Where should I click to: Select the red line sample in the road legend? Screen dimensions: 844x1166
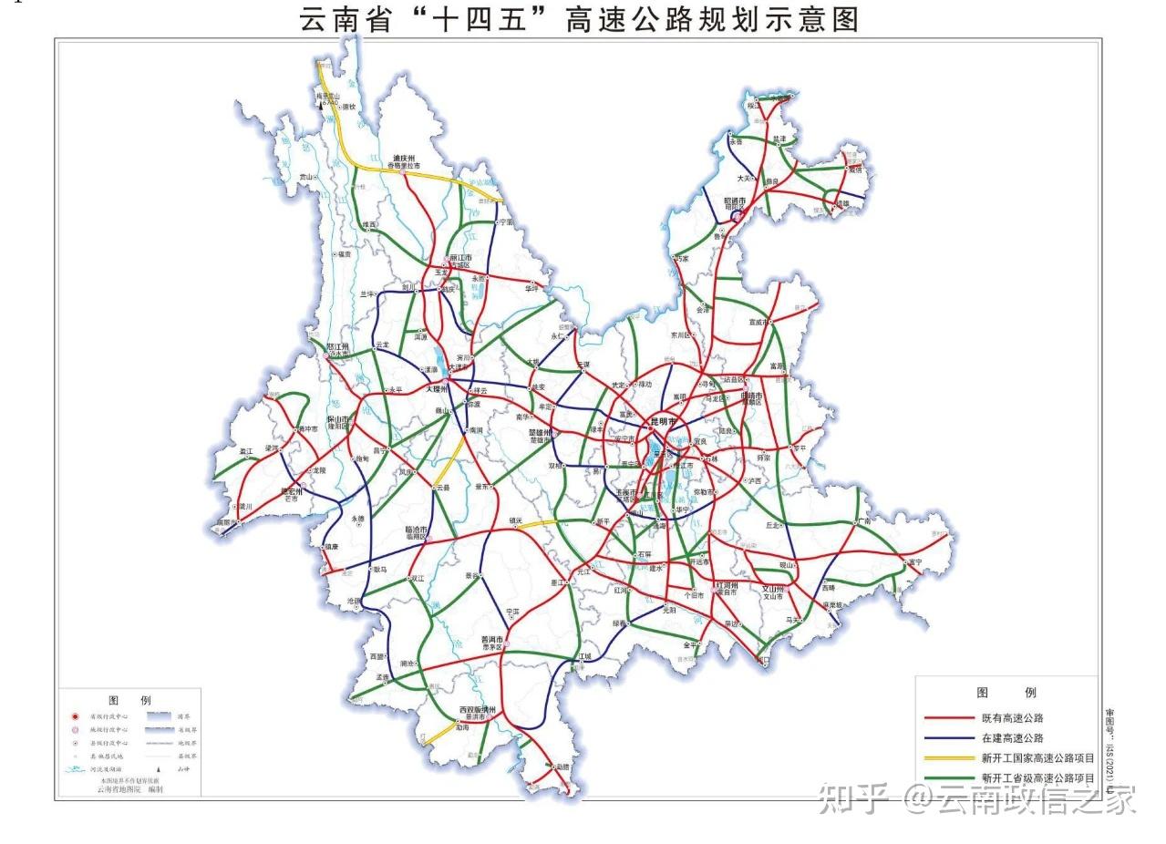click(x=948, y=718)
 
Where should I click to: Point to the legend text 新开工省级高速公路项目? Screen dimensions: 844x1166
click(x=1037, y=778)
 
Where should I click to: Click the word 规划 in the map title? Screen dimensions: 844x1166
click(x=736, y=19)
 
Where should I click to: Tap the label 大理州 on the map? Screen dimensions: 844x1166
click(x=440, y=388)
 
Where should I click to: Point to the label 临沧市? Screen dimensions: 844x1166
click(x=416, y=530)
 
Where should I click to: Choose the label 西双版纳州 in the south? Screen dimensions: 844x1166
click(x=477, y=708)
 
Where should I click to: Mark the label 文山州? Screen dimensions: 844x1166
click(x=773, y=589)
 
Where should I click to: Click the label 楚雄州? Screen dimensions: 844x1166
click(x=542, y=432)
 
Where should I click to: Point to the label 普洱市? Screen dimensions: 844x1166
click(x=492, y=639)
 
